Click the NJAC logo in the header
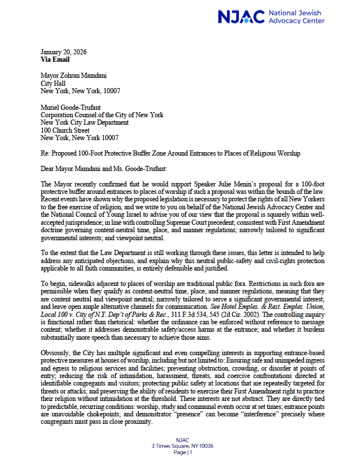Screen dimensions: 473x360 pyautogui.click(x=271, y=17)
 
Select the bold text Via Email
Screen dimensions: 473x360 pyautogui.click(x=56, y=59)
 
